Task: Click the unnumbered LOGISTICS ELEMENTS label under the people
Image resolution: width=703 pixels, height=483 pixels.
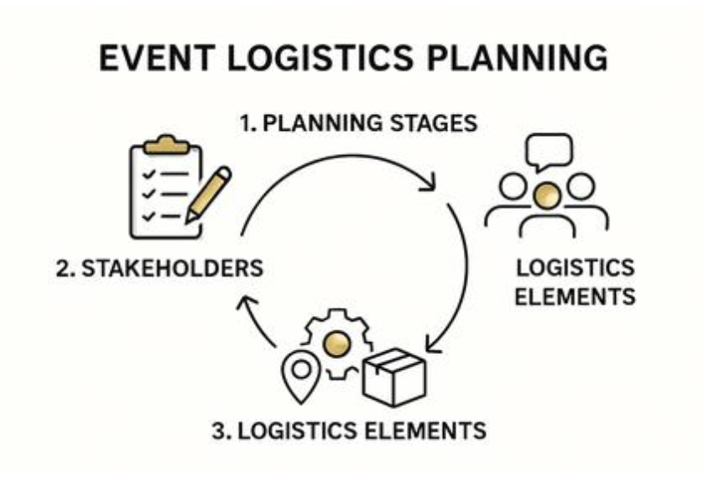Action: click(575, 283)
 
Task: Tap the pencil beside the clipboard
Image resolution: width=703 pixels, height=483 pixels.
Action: click(207, 194)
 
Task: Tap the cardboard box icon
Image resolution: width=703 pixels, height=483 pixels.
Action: click(393, 380)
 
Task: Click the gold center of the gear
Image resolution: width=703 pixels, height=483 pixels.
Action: click(336, 342)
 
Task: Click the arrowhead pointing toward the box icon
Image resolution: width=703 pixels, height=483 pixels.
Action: click(432, 344)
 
